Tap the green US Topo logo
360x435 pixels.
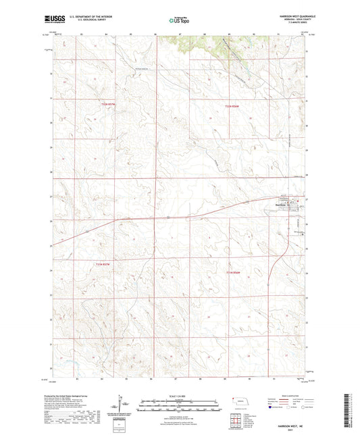pyautogui.click(x=179, y=21)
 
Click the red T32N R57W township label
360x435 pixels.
pyautogui.click(x=109, y=105)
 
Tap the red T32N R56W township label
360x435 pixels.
pyautogui.click(x=232, y=105)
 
